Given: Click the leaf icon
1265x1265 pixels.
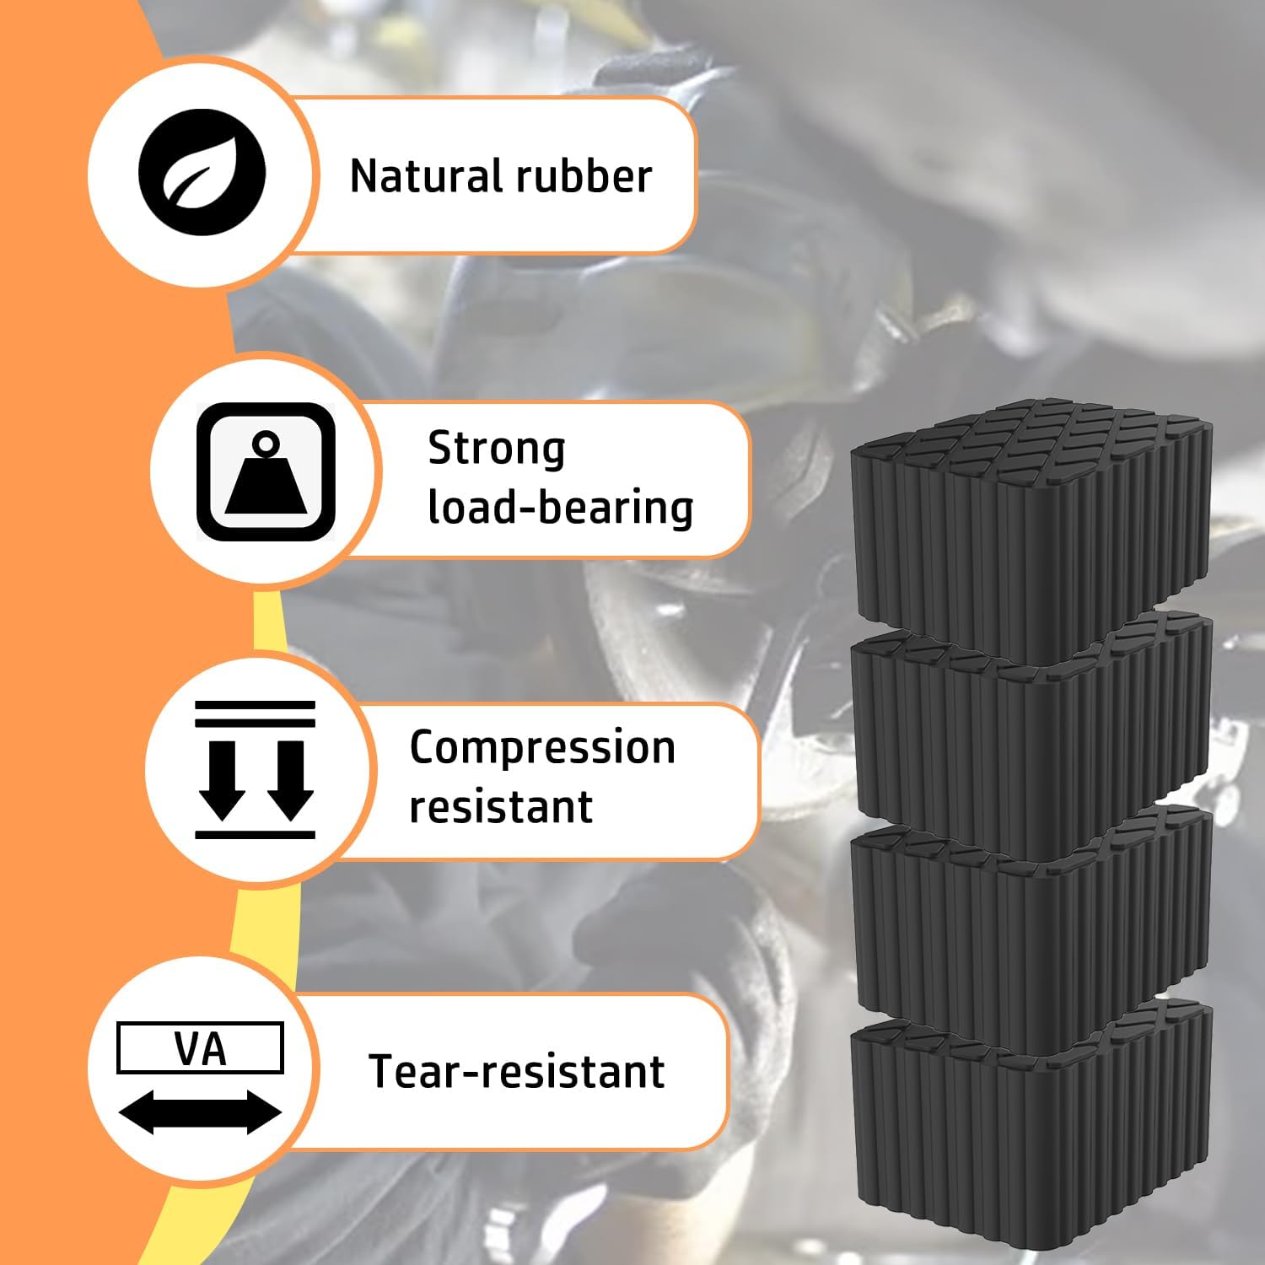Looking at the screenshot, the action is coord(202,173).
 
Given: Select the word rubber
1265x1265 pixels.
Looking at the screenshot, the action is coord(584,176).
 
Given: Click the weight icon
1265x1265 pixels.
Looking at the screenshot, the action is coord(266,472).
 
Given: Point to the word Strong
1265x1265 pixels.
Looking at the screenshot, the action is coord(496,449).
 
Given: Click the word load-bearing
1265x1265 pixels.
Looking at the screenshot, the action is coord(561,508).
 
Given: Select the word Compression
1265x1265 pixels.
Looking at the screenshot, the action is coord(542,748).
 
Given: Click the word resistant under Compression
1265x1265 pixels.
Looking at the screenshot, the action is coord(501,807).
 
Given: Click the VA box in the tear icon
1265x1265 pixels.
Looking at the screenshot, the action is coord(200,1048).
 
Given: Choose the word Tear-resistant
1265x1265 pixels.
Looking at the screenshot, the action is coord(517,1072).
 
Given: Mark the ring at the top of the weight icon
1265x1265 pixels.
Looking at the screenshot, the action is coord(266,442).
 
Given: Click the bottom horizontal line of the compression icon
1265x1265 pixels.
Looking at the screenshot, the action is coord(255,834).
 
